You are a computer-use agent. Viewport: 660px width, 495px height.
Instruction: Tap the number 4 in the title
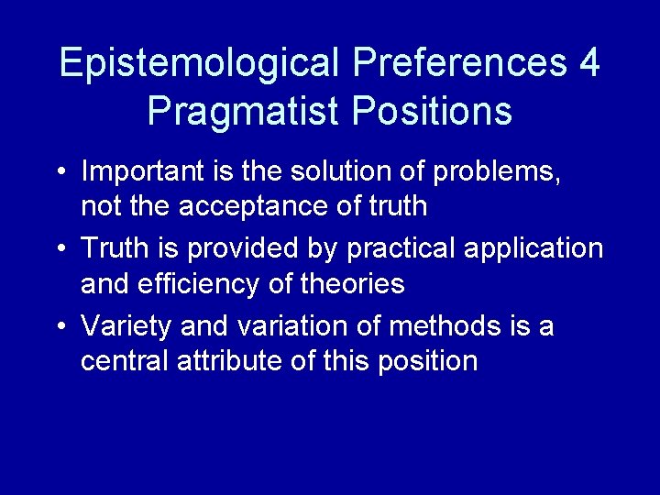(x=589, y=64)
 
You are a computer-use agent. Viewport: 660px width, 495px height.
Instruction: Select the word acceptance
(x=244, y=206)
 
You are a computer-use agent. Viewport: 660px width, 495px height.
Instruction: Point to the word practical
(x=398, y=248)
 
